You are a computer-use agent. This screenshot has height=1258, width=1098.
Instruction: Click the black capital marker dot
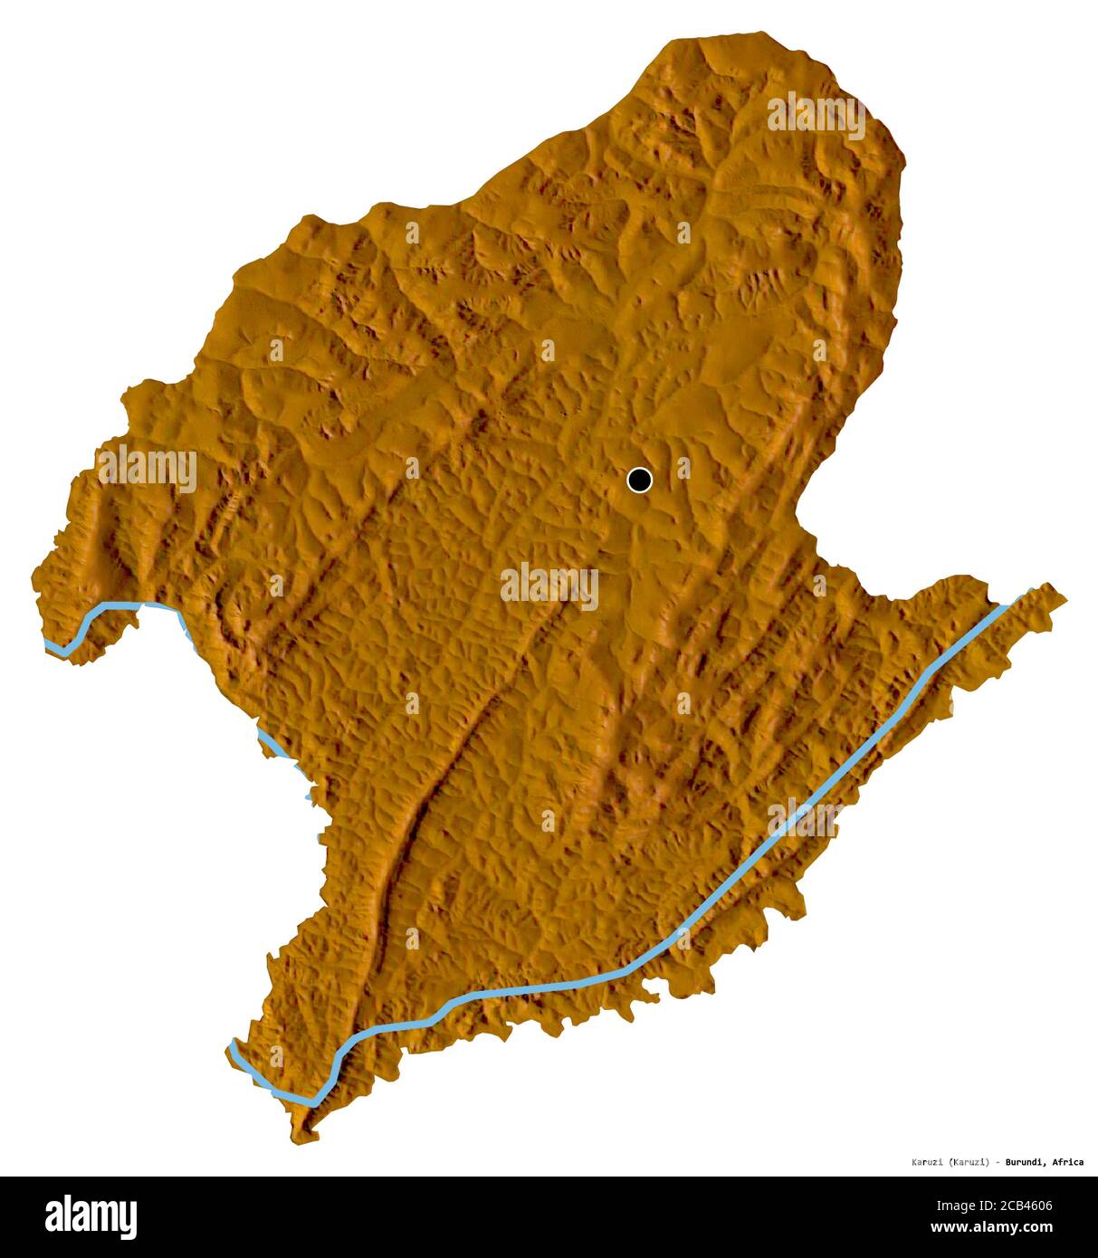(639, 480)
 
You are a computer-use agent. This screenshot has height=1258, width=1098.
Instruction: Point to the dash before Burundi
(997, 1162)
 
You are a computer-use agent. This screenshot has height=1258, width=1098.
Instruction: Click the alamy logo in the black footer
(91, 1216)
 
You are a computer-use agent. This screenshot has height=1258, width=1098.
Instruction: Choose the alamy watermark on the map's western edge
(148, 468)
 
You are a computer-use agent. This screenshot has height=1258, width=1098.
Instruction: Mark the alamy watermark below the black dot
(549, 586)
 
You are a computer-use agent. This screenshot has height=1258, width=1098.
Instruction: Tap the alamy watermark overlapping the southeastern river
(806, 818)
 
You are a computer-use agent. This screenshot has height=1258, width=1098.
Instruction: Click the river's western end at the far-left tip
(51, 644)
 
